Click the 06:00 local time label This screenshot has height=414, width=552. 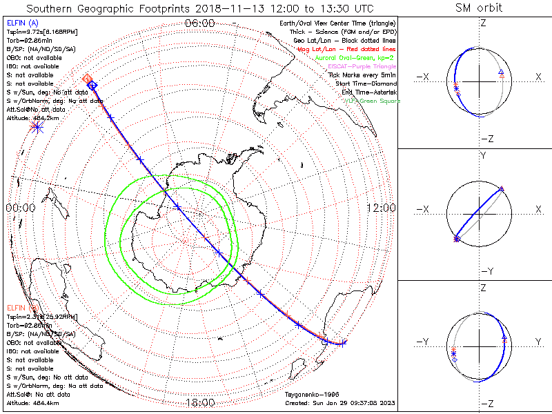(201, 23)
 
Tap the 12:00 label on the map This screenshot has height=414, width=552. (380, 208)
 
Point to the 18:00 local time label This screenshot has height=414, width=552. (201, 402)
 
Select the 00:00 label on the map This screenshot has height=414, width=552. (20, 208)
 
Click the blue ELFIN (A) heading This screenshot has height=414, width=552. (22, 23)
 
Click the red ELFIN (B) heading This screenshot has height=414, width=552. (22, 306)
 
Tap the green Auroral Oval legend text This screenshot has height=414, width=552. (356, 59)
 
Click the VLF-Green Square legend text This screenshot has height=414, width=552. (372, 101)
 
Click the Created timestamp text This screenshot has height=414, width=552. (340, 403)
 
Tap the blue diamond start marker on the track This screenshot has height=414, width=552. (92, 84)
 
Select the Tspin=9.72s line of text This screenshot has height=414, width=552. (38, 32)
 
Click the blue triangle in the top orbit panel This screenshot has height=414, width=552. (501, 72)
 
